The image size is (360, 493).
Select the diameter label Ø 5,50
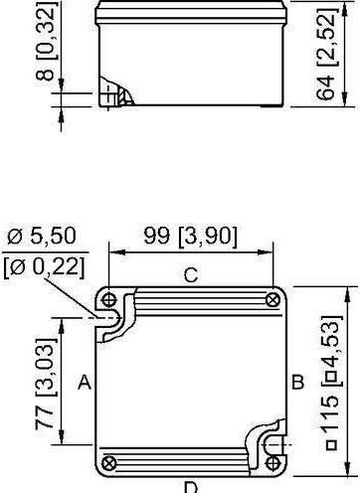point(42,236)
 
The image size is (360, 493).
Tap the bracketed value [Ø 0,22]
point(44,266)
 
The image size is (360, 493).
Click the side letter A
point(85,382)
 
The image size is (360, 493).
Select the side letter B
point(297,382)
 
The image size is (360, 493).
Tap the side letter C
point(191,275)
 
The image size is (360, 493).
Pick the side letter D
point(191,488)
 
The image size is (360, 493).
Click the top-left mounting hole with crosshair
point(108,300)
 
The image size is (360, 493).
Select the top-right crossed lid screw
point(272,300)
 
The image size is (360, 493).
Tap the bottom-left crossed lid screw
point(108,463)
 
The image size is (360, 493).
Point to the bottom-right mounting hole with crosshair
point(272,463)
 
